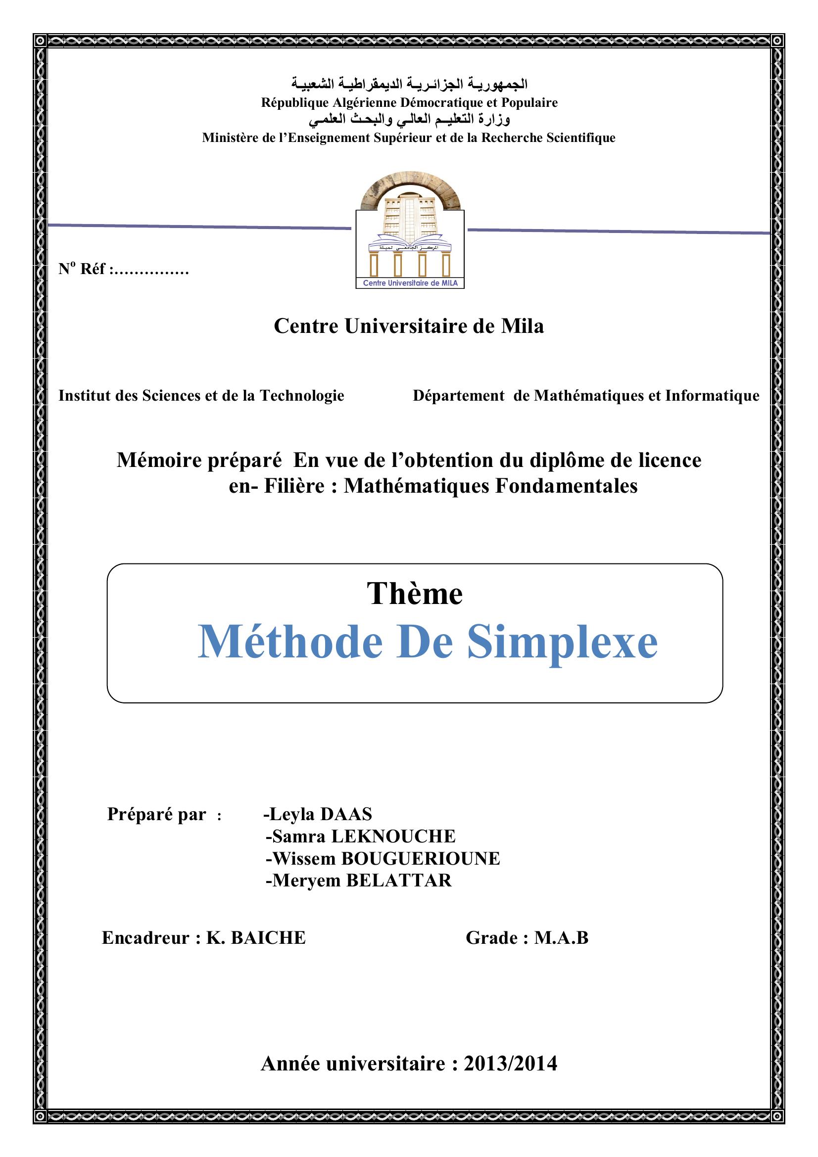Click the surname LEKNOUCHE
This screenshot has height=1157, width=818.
393,836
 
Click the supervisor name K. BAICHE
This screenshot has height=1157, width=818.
256,938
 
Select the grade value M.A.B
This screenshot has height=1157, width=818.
562,938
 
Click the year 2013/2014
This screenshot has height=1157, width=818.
510,1064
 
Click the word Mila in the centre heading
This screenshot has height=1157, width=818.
522,326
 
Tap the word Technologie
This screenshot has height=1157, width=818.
302,396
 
